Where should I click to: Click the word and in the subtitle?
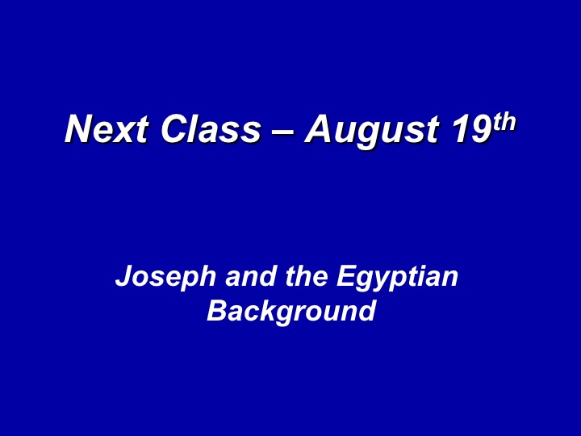click(x=251, y=276)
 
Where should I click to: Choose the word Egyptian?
click(x=397, y=278)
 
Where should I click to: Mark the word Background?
click(x=291, y=312)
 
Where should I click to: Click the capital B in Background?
click(x=217, y=310)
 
